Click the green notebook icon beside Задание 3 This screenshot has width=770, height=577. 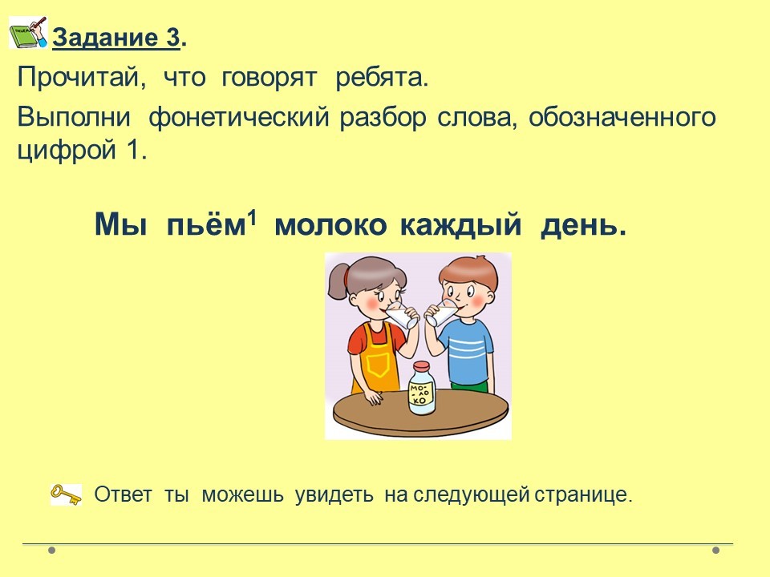[28, 32]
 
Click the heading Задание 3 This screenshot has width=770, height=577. [116, 38]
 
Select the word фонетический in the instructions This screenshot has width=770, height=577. [239, 118]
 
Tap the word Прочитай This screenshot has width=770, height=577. [82, 77]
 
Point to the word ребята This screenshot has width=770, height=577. [382, 78]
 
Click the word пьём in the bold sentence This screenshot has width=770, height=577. [206, 225]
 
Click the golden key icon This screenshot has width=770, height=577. [67, 494]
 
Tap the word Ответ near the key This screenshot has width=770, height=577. [123, 494]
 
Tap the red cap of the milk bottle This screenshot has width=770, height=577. [421, 366]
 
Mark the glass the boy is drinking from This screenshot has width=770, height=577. [441, 313]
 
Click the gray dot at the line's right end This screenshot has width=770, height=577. [716, 551]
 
